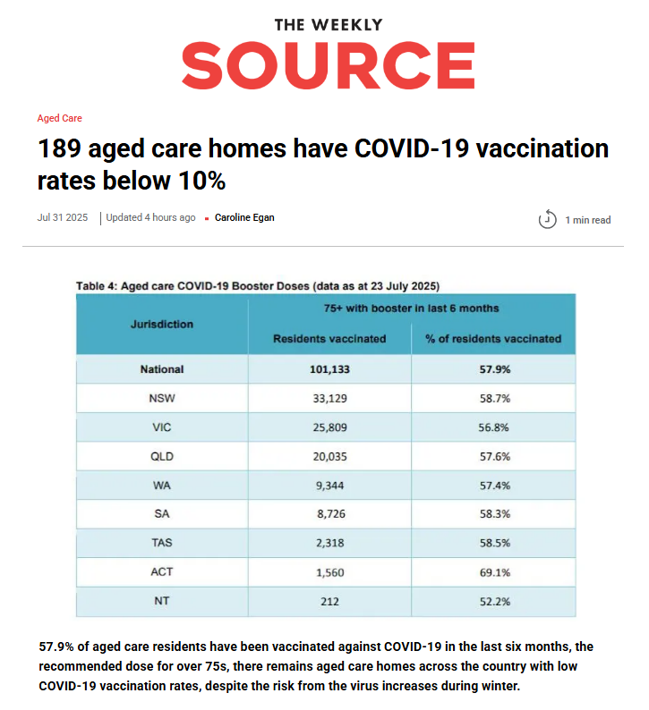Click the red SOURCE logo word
[328, 65]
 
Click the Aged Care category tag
[60, 118]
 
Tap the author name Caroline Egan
[244, 217]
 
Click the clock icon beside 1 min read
[547, 219]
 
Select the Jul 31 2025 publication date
[63, 217]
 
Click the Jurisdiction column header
[161, 324]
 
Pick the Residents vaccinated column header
[329, 339]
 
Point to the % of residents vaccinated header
[493, 339]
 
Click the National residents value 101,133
[329, 368]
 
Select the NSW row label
[161, 397]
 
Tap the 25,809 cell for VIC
[329, 427]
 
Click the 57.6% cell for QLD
[493, 456]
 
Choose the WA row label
[161, 485]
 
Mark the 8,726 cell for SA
[329, 514]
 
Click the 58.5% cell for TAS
[493, 543]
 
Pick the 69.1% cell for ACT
[493, 572]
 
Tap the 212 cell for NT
[329, 602]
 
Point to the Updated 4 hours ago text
[150, 217]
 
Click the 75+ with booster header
[411, 308]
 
